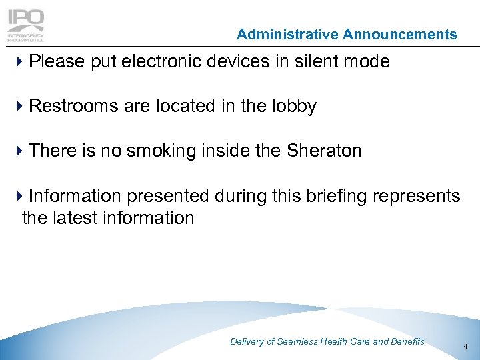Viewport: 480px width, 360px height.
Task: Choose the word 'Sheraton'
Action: [323, 151]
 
